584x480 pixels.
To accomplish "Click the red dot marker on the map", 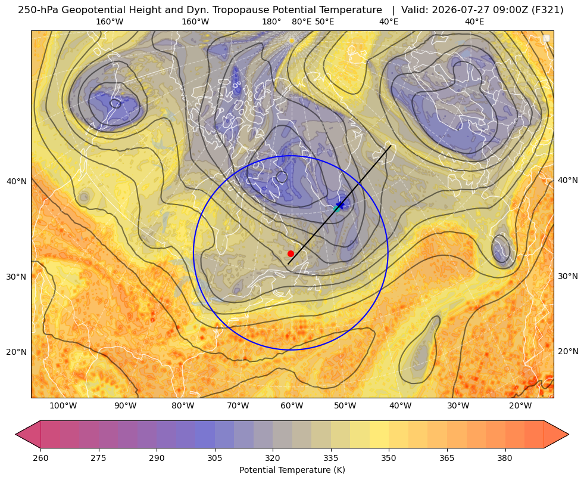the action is [291, 253].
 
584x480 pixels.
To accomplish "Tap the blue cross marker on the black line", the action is [340, 205].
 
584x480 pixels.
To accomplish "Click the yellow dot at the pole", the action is [292, 41].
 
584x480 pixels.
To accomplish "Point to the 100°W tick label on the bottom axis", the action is [63, 405].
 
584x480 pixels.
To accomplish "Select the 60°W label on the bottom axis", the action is [292, 405].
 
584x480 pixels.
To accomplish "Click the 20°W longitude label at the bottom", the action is [520, 405].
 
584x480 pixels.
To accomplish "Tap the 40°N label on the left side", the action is [17, 182].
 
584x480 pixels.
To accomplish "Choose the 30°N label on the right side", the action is [568, 276].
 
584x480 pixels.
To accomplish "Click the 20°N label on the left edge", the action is [17, 352].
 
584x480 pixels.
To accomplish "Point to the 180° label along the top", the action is [271, 21].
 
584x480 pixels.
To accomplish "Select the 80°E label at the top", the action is [301, 21].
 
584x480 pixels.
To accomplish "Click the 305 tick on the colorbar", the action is [214, 458].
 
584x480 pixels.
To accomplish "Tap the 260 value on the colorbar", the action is [40, 458].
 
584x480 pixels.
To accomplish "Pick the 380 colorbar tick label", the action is [505, 458].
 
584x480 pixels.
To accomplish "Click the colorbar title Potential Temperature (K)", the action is [292, 470].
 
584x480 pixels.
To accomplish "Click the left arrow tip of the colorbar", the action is [15, 434].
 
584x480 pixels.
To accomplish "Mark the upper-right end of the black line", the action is [391, 145].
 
